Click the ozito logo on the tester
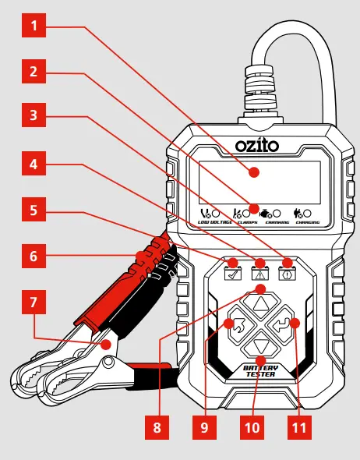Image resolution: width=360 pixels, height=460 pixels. tap(256, 145)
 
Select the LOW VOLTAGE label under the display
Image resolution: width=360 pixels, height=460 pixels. tap(214, 222)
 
